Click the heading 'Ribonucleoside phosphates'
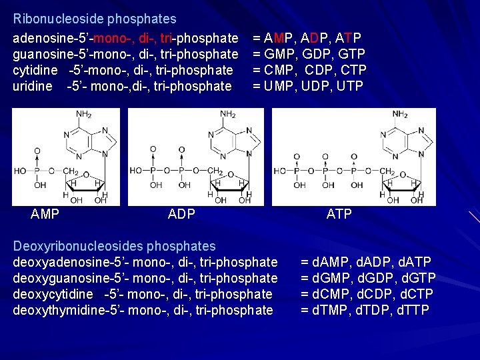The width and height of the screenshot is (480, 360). pos(95,19)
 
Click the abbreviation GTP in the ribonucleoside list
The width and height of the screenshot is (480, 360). pos(350,54)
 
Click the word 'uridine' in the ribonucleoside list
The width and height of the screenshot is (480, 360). pos(33,86)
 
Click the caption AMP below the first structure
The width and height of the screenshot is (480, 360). pos(45,214)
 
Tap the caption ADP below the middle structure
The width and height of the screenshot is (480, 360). pos(182,214)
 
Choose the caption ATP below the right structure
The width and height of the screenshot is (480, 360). pos(339,214)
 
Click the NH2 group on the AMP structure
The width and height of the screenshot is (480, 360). pos(85,115)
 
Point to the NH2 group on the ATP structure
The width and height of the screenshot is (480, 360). pos(401,115)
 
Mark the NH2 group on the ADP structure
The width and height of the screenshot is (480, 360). pos(228,115)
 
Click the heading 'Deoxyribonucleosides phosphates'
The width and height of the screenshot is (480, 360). pos(115,246)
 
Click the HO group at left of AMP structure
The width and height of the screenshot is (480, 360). pos(20,171)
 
